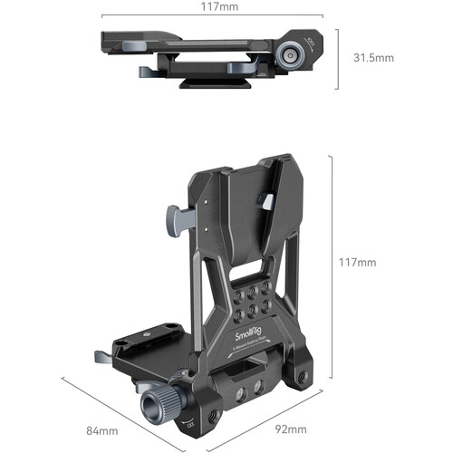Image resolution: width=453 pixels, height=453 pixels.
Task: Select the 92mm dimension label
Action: pyautogui.click(x=290, y=429)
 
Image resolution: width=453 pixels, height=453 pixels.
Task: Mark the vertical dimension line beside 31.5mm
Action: pyautogui.click(x=338, y=58)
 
